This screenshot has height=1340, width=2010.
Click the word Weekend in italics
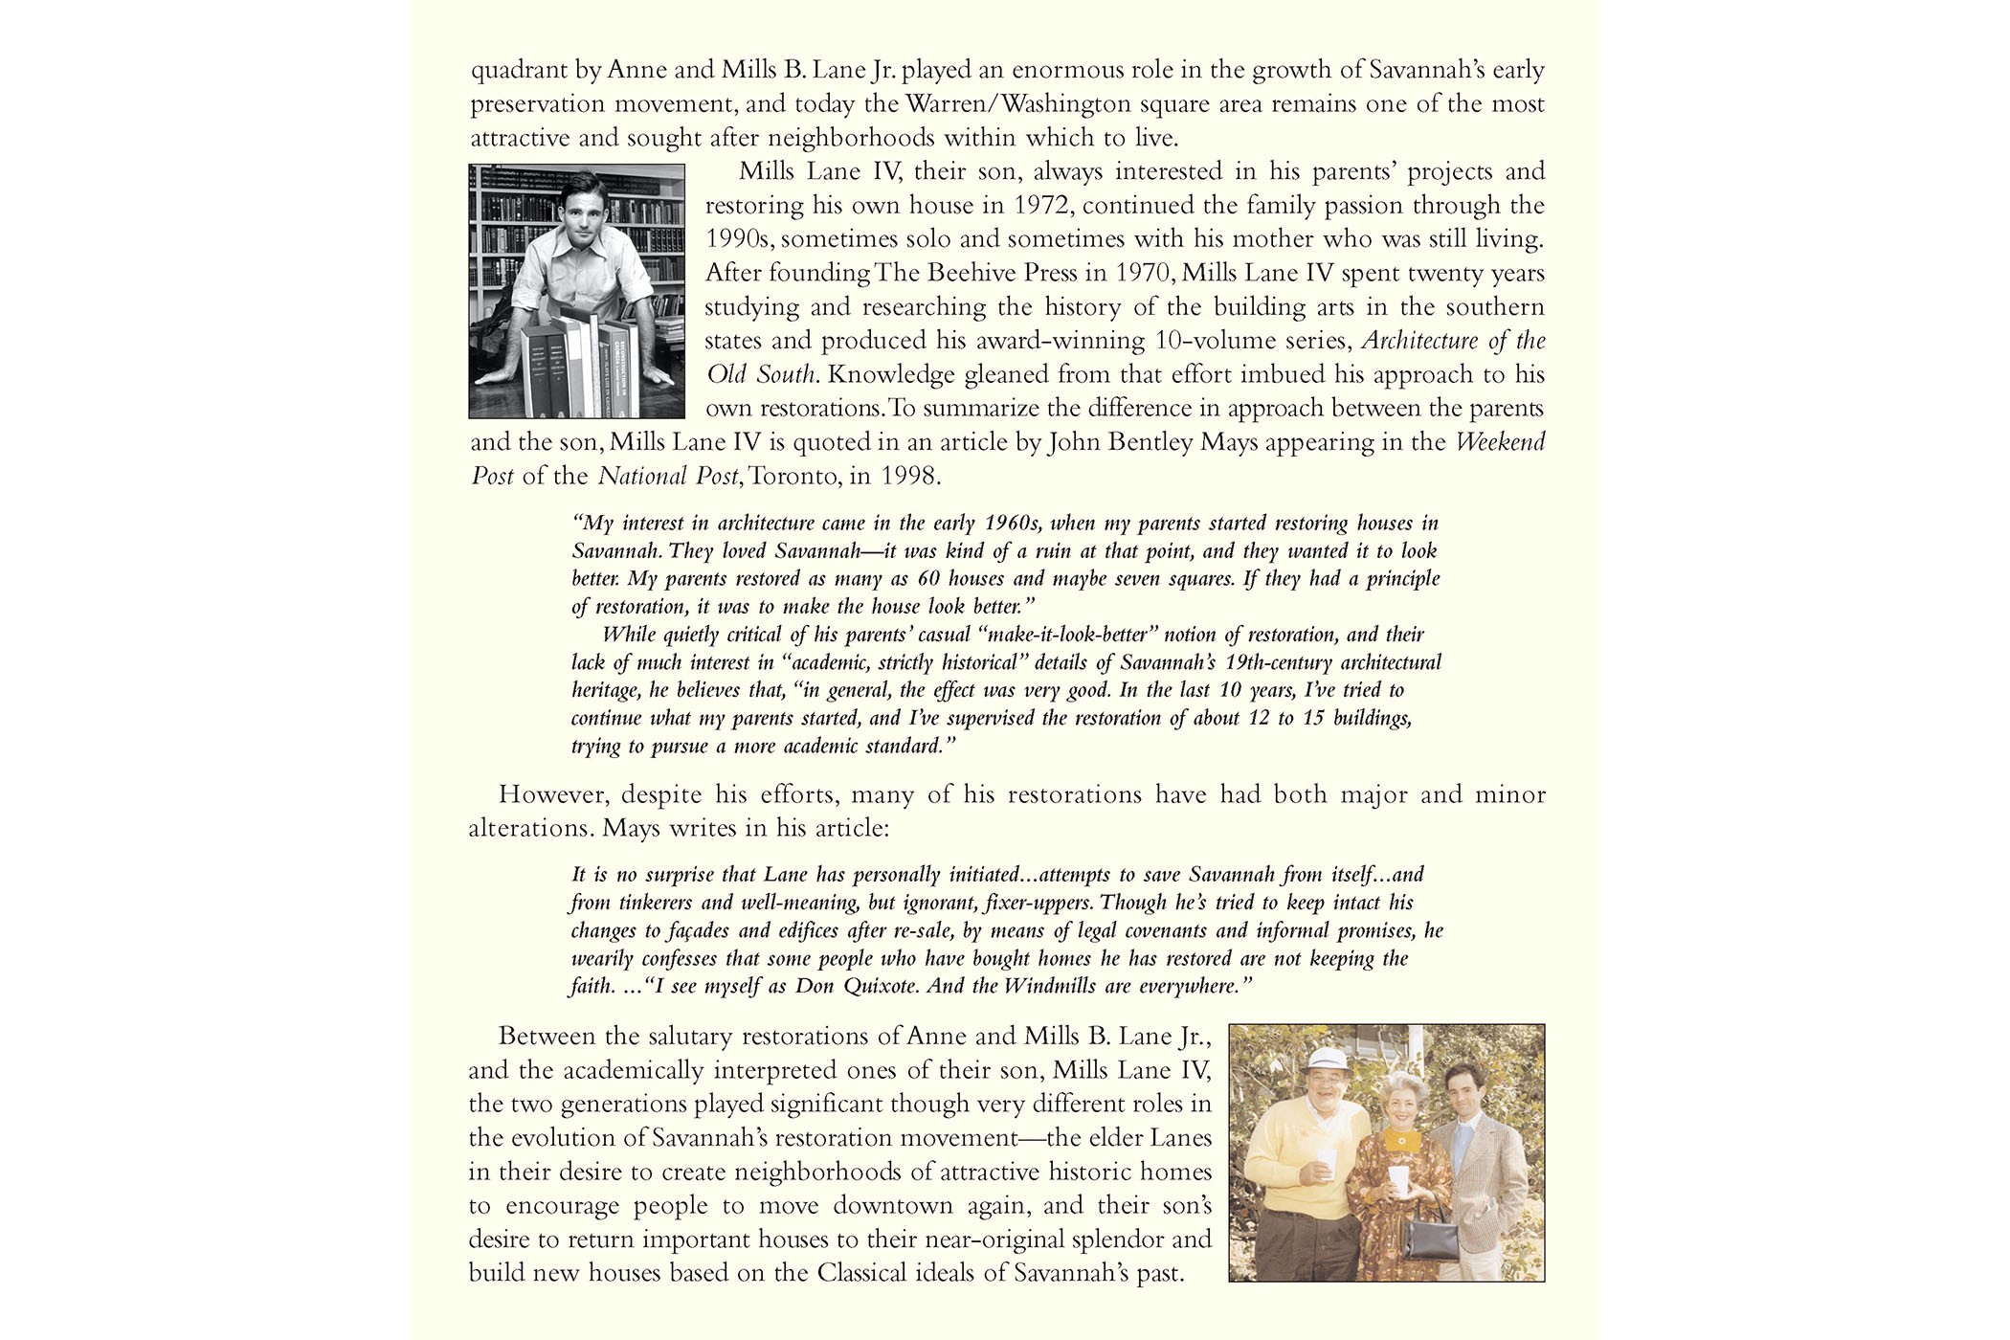(1500, 442)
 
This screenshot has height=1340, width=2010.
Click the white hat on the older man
(1308, 1060)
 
